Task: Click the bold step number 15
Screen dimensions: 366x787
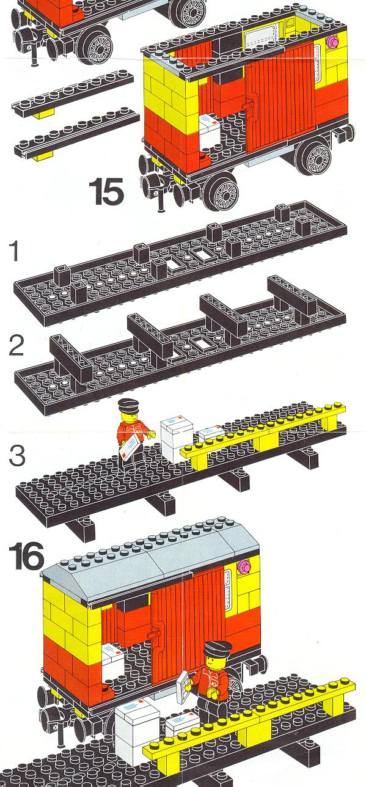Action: [x=106, y=191]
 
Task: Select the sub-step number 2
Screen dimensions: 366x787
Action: [x=16, y=345]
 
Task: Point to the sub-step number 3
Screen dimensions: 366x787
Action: [x=17, y=455]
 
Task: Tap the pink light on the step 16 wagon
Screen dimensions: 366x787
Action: [x=243, y=565]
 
